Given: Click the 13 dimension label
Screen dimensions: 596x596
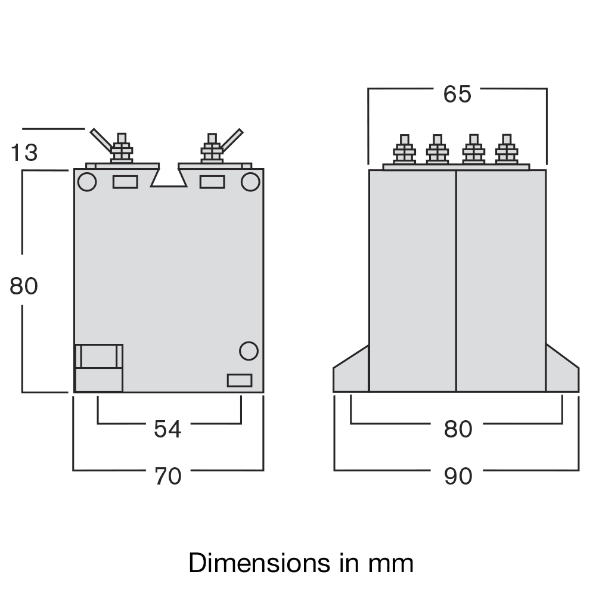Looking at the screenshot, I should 24,153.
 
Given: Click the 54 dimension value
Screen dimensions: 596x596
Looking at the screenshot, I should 167,429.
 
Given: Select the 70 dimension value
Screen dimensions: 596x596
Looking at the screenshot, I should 167,476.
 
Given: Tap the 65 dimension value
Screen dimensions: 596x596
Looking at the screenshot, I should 457,95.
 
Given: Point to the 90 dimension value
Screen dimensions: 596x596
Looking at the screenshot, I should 458,476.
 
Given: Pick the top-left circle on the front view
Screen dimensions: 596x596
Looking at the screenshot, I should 87,182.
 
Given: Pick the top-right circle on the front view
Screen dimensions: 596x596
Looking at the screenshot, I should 250,182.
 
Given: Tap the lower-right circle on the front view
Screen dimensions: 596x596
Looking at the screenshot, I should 249,351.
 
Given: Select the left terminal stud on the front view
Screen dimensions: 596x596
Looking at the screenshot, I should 122,148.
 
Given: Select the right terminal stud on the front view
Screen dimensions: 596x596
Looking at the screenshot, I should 212,148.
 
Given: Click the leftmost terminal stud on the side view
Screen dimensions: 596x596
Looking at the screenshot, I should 404,150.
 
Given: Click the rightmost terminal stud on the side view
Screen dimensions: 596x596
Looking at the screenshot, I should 507,150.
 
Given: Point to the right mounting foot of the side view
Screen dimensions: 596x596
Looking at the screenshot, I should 561,372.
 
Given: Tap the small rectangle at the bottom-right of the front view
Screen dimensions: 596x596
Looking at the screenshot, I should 240,380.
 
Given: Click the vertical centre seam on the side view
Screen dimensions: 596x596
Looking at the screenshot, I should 456,280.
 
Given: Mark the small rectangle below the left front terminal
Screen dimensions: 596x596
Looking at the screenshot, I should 125,182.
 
